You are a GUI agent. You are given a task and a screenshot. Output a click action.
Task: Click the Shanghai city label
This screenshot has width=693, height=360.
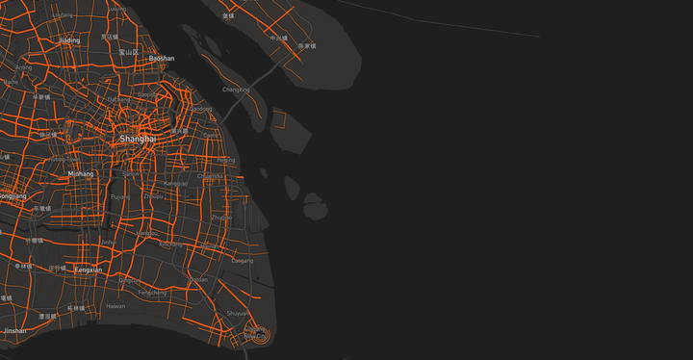pos(138,140)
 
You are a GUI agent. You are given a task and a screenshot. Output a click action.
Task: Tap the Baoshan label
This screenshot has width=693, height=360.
pos(162,58)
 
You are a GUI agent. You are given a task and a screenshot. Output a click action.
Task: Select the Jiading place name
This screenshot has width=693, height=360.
pos(69,41)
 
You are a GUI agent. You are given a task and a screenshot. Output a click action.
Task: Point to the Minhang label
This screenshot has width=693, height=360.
pos(81,174)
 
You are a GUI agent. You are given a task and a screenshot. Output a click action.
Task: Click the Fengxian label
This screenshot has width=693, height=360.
pos(88,270)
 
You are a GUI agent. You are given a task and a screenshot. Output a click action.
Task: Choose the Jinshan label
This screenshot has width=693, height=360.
pos(14,330)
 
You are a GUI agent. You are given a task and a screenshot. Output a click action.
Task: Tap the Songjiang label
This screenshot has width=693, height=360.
pos(13,195)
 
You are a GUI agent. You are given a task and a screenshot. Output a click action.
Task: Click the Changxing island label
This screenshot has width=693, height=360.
pos(236,90)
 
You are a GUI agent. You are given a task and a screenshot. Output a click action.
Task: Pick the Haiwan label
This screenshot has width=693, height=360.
pos(115,306)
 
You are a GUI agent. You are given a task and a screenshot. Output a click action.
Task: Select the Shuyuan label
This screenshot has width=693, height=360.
pos(236,313)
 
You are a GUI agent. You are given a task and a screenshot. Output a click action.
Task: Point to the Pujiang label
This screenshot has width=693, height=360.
pos(121,196)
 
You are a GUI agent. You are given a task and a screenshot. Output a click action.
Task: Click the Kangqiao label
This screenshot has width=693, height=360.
pos(176,183)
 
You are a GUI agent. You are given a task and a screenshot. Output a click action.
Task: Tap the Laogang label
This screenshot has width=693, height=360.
pos(243,260)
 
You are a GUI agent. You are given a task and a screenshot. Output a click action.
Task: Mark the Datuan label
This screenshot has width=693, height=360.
pos(199,279)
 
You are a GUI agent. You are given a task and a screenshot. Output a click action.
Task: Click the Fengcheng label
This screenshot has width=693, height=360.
pos(152,292)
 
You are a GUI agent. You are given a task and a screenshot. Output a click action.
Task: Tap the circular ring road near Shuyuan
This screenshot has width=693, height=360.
pos(257,336)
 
